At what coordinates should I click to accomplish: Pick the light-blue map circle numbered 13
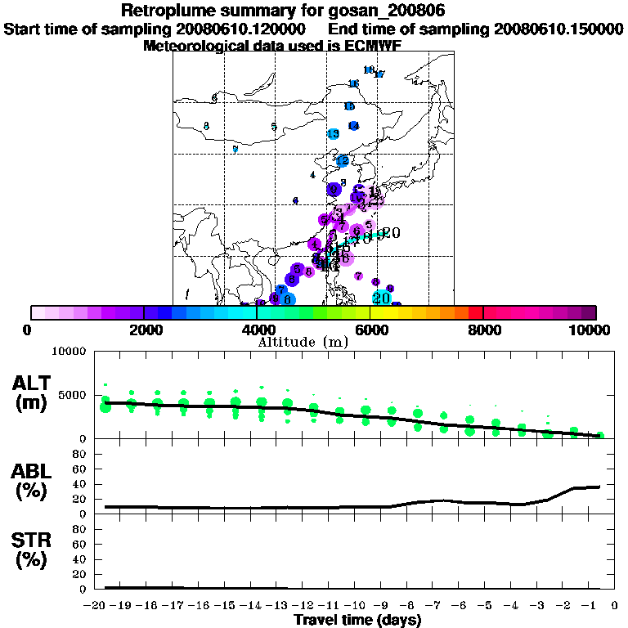[x=334, y=133]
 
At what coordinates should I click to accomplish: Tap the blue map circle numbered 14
[x=353, y=125]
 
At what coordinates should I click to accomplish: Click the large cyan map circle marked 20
[x=381, y=298]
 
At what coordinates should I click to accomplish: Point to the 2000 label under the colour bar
[x=143, y=330]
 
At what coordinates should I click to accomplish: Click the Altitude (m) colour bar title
[x=303, y=342]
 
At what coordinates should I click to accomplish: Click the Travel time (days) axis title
[x=357, y=620]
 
